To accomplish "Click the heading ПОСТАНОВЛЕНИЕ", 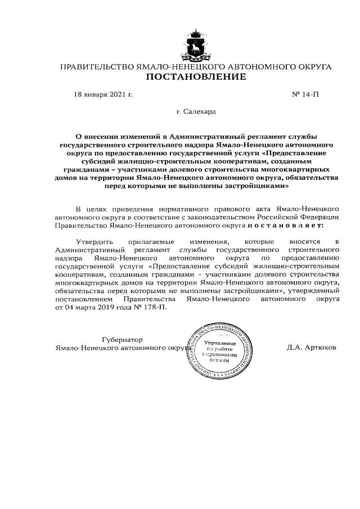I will coord(196,78).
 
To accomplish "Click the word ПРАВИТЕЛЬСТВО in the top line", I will coord(96,67).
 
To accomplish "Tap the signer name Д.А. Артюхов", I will coord(311,348).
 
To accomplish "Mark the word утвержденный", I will coord(314,291).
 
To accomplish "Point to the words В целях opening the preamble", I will coord(88,208).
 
